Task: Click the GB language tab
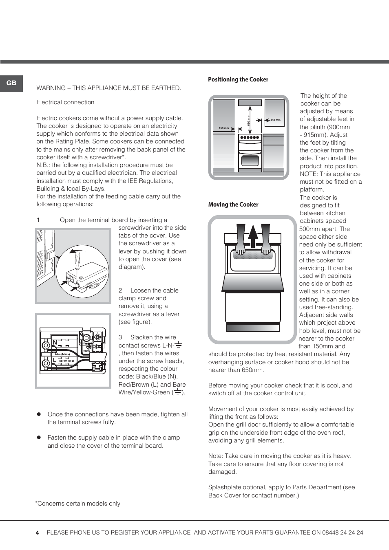[11, 83]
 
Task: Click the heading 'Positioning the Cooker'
[238, 79]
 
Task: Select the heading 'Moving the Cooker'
[233, 205]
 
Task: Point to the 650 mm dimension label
[248, 120]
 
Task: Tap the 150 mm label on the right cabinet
[275, 120]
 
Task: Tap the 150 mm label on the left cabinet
[224, 128]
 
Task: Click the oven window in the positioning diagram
[250, 160]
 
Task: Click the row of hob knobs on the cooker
[250, 137]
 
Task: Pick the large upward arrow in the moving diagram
[253, 236]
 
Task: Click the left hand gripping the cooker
[240, 249]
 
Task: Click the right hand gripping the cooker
[266, 249]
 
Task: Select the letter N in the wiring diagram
[55, 343]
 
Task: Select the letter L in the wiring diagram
[55, 360]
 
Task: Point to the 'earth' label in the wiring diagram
[86, 351]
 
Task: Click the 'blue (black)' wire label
[62, 354]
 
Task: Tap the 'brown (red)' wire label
[66, 361]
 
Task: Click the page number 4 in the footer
[37, 533]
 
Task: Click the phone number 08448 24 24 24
[343, 532]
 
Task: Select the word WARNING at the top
[51, 88]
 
